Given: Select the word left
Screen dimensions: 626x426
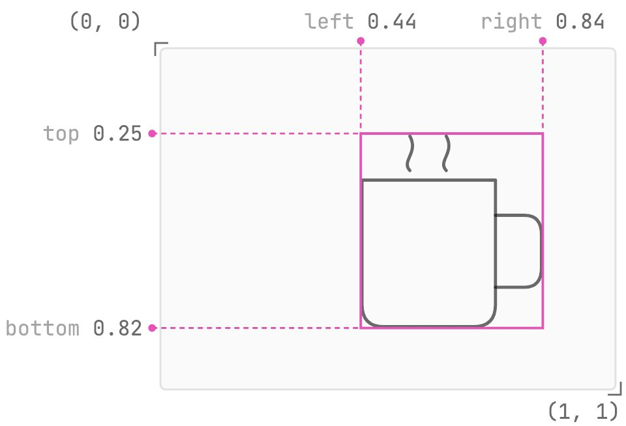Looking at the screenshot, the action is point(329,21).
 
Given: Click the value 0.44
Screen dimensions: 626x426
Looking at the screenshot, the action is point(392,21).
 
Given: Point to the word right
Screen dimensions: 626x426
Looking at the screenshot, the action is point(511,22).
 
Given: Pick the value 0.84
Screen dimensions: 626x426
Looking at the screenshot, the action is point(580,21).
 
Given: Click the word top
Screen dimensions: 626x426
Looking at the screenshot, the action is point(61,134).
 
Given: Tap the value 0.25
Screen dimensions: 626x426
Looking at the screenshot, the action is point(117,134).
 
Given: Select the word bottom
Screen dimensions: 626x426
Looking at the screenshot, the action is point(42,328).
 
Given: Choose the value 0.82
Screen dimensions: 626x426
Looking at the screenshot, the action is point(117,328).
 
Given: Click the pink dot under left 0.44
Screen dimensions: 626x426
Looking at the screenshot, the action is point(361,40).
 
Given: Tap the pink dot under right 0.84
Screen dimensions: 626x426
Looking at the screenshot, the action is point(543,40).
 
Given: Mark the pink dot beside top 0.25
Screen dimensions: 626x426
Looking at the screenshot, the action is point(152,134).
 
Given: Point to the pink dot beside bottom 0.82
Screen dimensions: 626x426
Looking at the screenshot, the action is point(152,328).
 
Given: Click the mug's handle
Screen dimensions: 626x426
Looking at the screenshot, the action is point(541,251).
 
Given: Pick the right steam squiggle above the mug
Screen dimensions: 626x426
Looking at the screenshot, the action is point(446,154).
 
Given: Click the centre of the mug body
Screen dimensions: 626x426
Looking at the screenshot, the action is point(429,253).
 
